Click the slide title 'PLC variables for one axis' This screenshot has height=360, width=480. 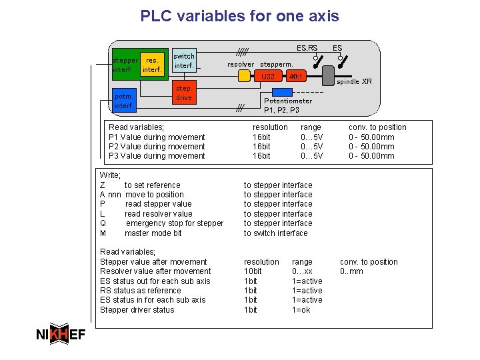coord(239,16)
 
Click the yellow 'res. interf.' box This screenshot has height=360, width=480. coord(152,65)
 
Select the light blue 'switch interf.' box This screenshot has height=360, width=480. coord(184,61)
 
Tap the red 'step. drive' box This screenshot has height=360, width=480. coord(183,93)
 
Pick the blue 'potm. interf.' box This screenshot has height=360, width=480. coord(124,101)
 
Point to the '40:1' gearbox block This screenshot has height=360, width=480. coord(295,77)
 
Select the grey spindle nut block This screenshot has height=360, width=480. coord(328,75)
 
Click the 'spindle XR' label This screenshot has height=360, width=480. coord(354,82)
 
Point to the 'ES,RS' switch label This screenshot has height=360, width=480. coord(307,48)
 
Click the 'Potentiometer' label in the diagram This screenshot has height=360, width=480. coord(288,101)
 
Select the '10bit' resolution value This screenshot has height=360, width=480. coord(253,271)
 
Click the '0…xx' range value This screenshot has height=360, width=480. coord(303,271)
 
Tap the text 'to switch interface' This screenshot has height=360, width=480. coord(275,233)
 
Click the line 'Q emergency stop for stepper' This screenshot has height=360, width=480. coord(161,223)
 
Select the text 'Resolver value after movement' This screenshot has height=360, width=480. coord(155,271)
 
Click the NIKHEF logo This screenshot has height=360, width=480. coord(60,335)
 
